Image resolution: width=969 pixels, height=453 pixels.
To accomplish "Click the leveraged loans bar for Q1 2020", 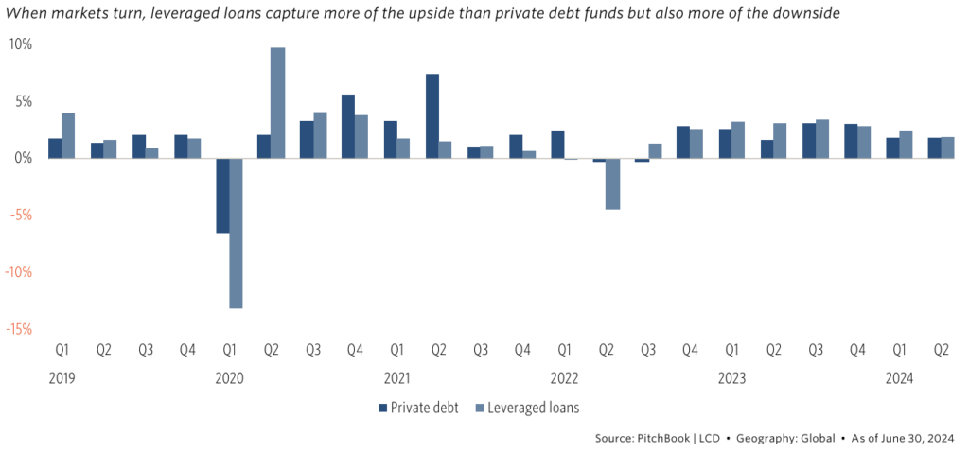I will [x=236, y=233].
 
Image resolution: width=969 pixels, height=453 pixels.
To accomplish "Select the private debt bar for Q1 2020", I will [x=222, y=195].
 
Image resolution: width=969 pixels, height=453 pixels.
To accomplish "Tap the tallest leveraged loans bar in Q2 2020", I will [x=277, y=103].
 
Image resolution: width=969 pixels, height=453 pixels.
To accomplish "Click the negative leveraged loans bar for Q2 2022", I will [x=612, y=183].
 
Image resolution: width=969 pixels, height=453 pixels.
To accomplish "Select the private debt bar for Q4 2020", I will [x=348, y=127].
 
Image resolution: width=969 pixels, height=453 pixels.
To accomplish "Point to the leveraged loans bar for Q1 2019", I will [x=68, y=135].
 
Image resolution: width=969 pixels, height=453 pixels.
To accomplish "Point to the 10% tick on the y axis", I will [x=21, y=44].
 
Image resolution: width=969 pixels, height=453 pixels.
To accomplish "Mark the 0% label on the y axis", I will [x=24, y=158].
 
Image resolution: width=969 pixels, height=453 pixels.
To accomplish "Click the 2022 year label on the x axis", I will [x=565, y=378].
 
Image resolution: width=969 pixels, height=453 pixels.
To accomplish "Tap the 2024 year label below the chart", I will [x=900, y=378].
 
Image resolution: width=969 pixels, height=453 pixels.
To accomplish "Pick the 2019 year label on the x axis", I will [x=62, y=378].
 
